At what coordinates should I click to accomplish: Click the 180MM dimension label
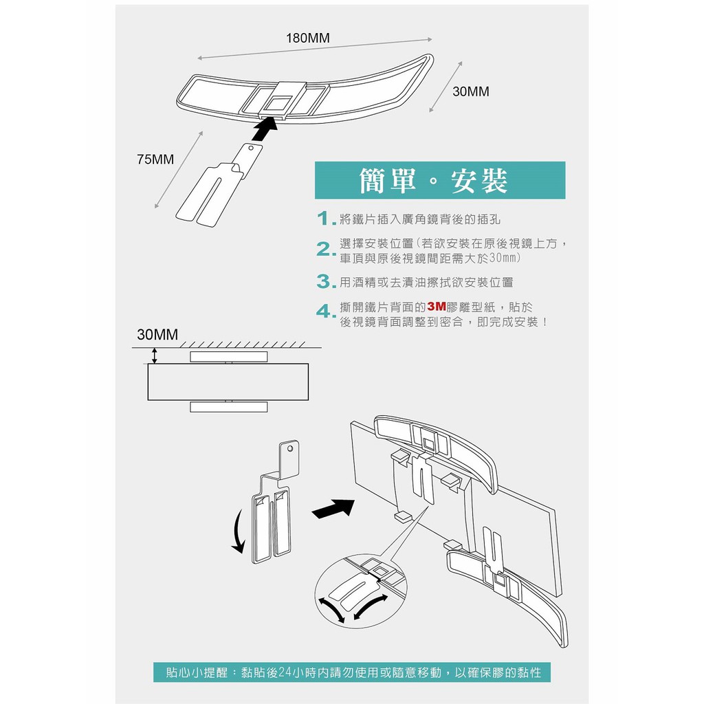(x=308, y=38)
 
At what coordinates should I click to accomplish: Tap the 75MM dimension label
(x=155, y=159)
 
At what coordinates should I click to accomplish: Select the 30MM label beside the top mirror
(x=471, y=91)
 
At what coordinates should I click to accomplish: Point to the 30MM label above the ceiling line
(x=157, y=335)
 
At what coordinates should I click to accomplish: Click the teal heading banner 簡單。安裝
(x=439, y=181)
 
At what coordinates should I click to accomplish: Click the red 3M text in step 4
(x=437, y=307)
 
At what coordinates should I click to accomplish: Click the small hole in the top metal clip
(x=252, y=147)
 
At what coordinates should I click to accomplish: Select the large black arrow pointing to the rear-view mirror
(x=333, y=509)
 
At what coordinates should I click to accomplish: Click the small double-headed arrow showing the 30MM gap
(x=155, y=355)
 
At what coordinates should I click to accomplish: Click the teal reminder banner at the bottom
(x=352, y=672)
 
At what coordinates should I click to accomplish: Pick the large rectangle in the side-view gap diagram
(x=228, y=382)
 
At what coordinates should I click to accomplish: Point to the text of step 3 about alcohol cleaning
(x=426, y=282)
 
